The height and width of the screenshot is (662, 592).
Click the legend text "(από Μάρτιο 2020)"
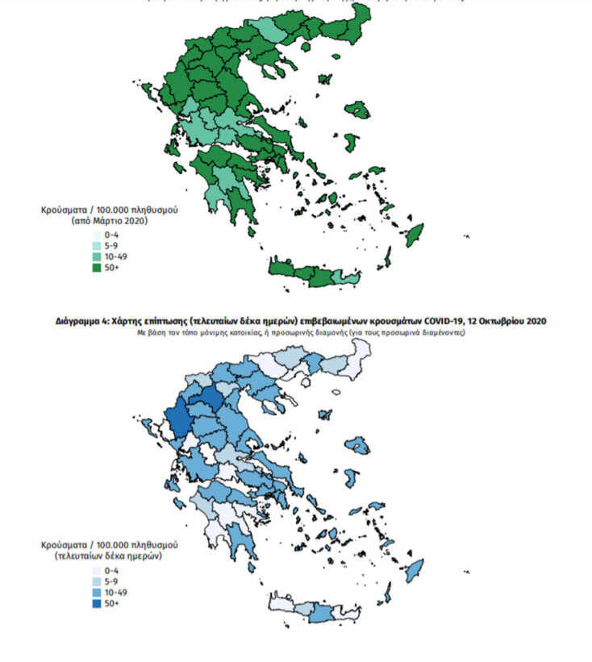[110, 219]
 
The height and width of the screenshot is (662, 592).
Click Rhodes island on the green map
[415, 234]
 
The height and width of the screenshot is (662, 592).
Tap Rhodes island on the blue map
[415, 571]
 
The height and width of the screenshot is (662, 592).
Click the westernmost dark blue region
[178, 420]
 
